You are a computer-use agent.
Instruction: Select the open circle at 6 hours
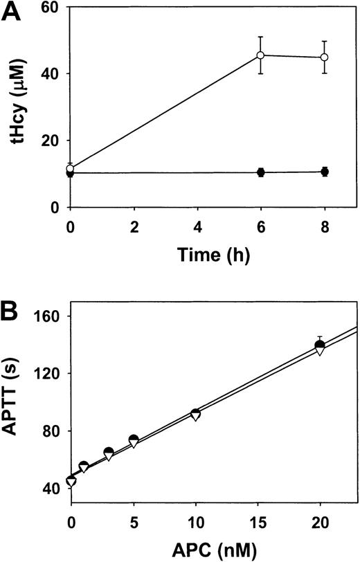[x=261, y=55]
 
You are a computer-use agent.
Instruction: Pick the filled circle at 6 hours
[x=261, y=172]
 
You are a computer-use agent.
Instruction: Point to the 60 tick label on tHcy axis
[x=52, y=8]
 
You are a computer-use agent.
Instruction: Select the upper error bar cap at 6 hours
[x=261, y=37]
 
